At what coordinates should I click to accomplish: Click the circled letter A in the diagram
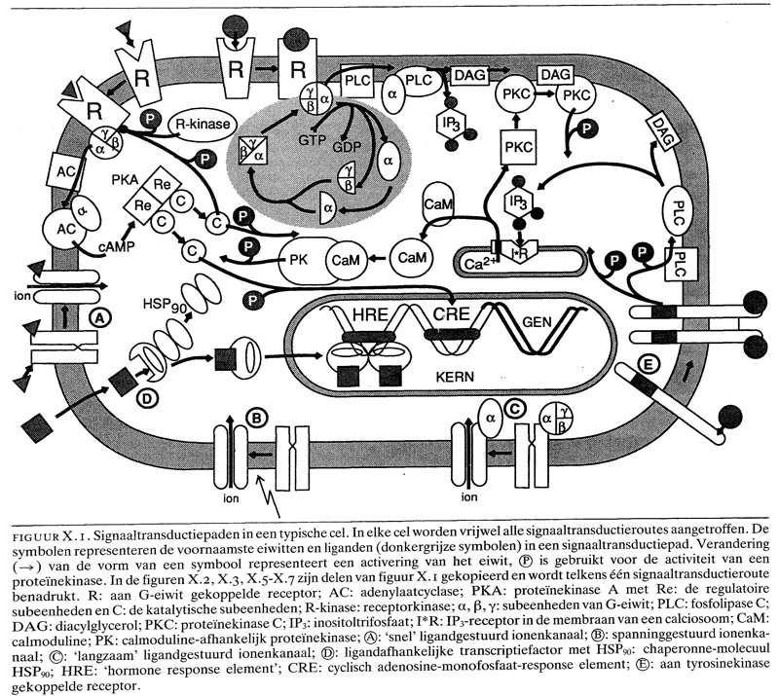(97, 316)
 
